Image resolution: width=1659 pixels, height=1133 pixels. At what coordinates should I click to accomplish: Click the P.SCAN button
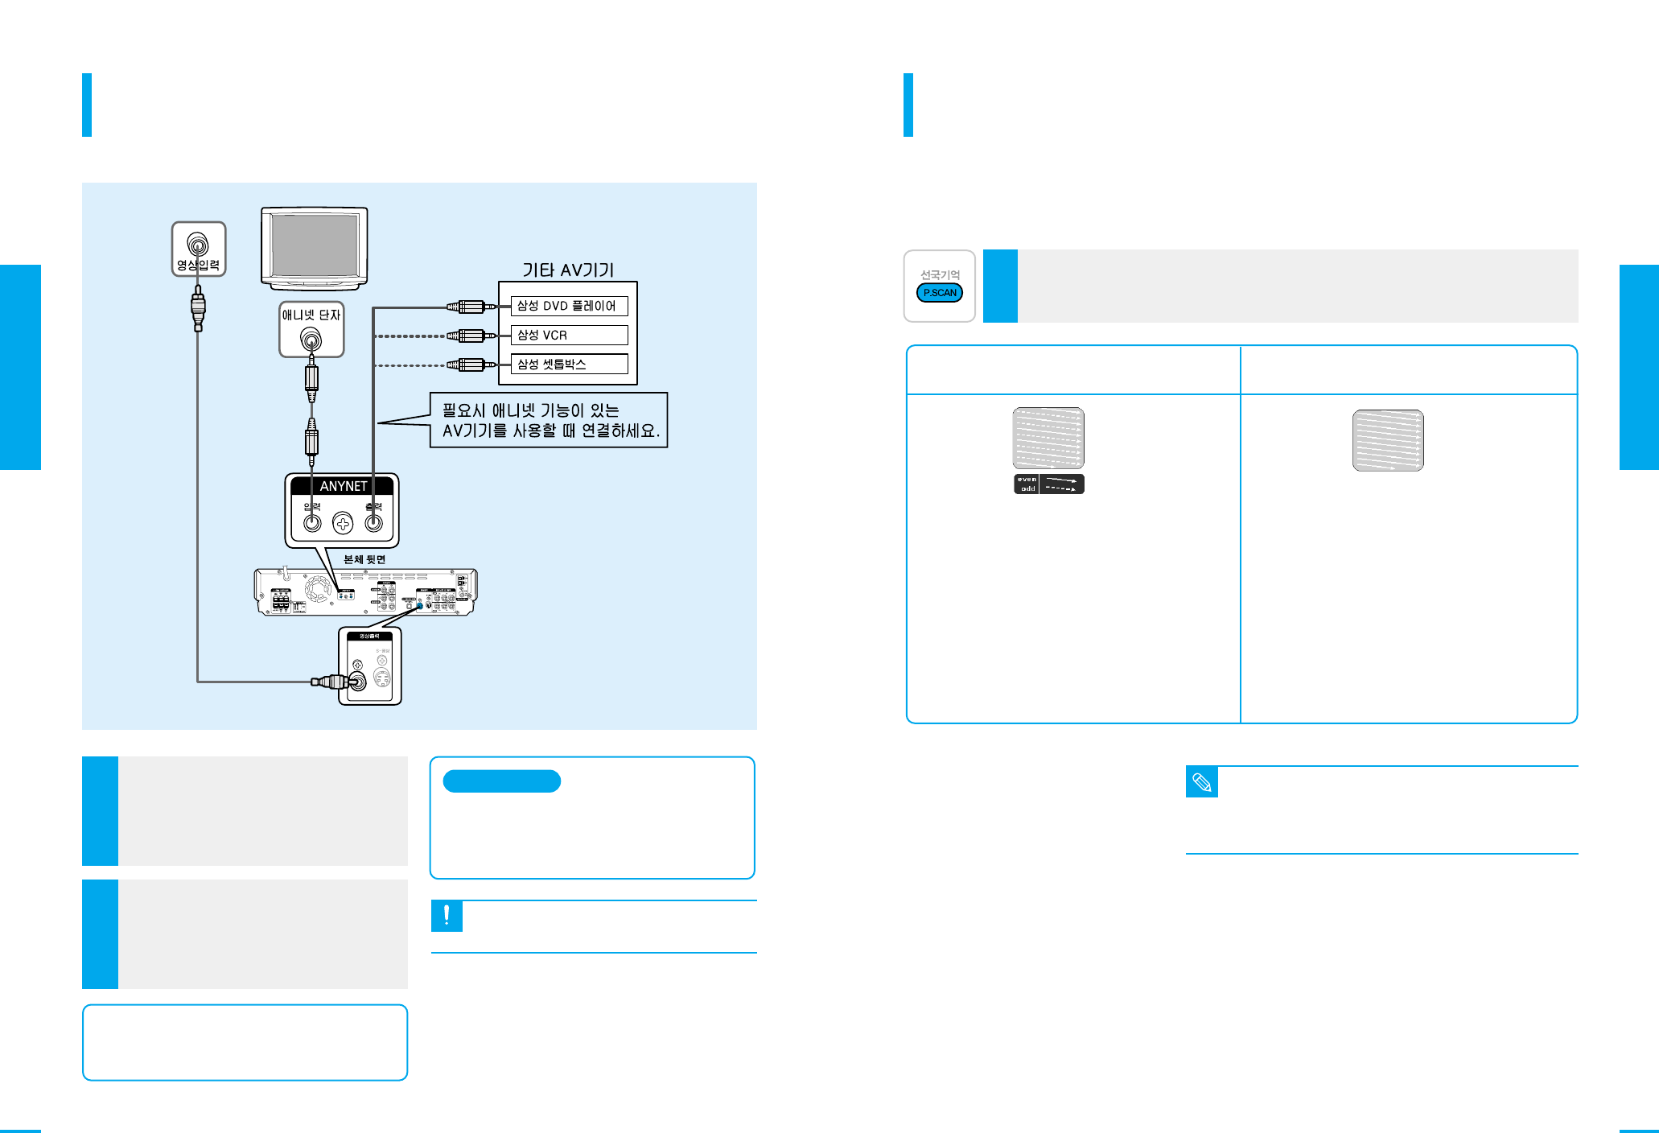(939, 293)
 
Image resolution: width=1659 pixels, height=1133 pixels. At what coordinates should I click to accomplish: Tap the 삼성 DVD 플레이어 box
(569, 306)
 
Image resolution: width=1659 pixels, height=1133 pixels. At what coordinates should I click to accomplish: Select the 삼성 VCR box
(569, 335)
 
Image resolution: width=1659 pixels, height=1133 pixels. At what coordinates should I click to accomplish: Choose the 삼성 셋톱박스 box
(569, 364)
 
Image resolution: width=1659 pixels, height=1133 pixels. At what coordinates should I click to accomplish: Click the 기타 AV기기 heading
(568, 270)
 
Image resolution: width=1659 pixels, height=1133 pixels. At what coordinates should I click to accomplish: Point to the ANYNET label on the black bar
(343, 486)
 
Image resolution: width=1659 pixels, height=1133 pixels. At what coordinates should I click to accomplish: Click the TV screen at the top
(314, 245)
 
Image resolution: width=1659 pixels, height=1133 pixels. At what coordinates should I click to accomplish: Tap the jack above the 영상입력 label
(198, 243)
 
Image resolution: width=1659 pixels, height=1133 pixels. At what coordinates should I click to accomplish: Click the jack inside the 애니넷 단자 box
(311, 340)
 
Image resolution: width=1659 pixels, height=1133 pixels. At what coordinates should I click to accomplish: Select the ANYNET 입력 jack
(312, 523)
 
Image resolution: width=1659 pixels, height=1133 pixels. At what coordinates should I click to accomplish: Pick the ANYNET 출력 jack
(373, 523)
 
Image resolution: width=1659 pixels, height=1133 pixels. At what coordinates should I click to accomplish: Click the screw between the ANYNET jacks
(343, 524)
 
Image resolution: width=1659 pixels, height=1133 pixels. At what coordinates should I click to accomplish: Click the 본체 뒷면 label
(364, 559)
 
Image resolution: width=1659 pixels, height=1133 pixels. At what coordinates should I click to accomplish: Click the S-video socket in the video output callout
(382, 678)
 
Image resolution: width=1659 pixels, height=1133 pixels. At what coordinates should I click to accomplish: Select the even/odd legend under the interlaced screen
(1048, 484)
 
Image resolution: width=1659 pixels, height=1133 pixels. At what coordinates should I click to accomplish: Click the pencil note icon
(1201, 782)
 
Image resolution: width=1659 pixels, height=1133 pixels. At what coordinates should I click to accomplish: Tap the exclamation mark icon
(447, 916)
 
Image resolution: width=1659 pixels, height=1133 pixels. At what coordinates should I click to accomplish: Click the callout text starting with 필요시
(550, 420)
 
